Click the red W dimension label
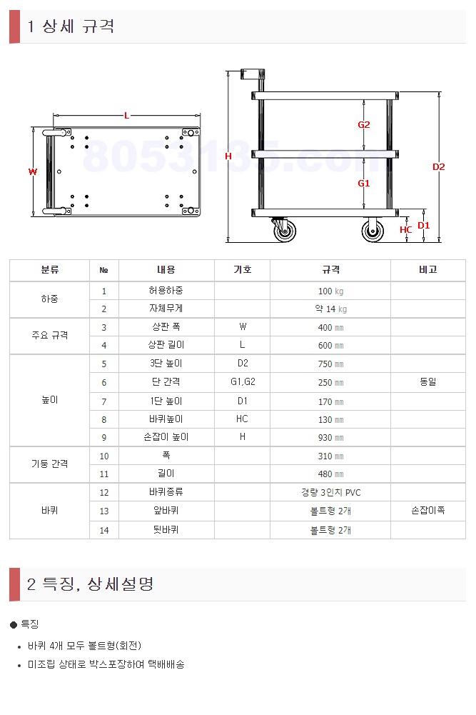coord(32,172)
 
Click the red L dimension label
coord(126,116)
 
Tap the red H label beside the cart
coord(228,156)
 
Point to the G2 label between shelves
coord(363,124)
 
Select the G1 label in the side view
coord(363,184)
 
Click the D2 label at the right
coord(438,167)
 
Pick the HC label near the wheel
coord(405,230)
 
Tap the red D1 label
coord(424,225)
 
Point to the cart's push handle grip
coord(252,74)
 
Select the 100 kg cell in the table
coord(330,291)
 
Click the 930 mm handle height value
coord(330,437)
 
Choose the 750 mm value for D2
coord(330,364)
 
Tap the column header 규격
coord(330,269)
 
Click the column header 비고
coord(427,269)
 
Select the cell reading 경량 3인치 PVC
coord(330,492)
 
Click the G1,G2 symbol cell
coord(243,381)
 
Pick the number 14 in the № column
coord(104,530)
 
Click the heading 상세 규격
coord(78,26)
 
